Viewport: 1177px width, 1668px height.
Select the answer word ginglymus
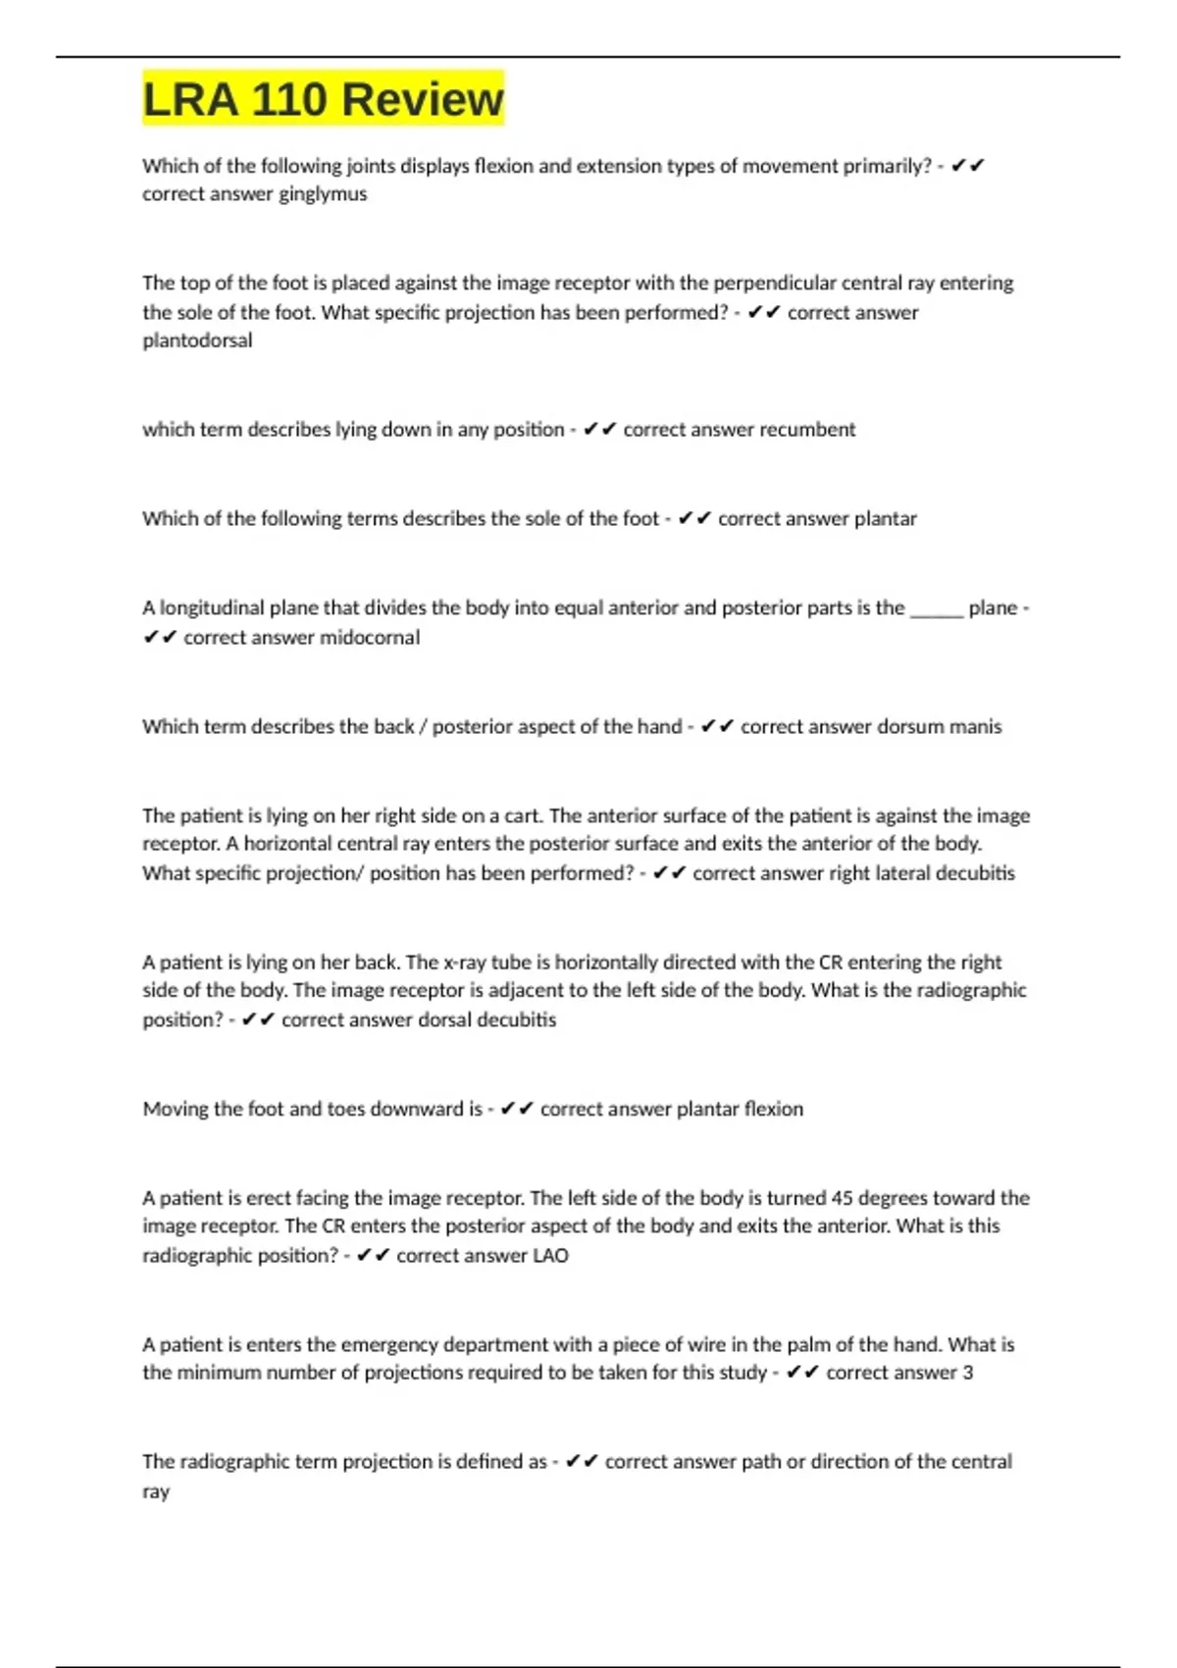coord(323,194)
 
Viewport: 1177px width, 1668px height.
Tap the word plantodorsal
coord(197,340)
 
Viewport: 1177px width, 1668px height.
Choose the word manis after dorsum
coord(975,727)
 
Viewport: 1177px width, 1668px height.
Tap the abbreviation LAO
coord(550,1256)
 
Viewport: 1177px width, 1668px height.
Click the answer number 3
coord(968,1373)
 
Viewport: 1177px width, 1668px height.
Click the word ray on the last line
coord(156,1491)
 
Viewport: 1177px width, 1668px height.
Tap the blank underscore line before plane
coord(937,608)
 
